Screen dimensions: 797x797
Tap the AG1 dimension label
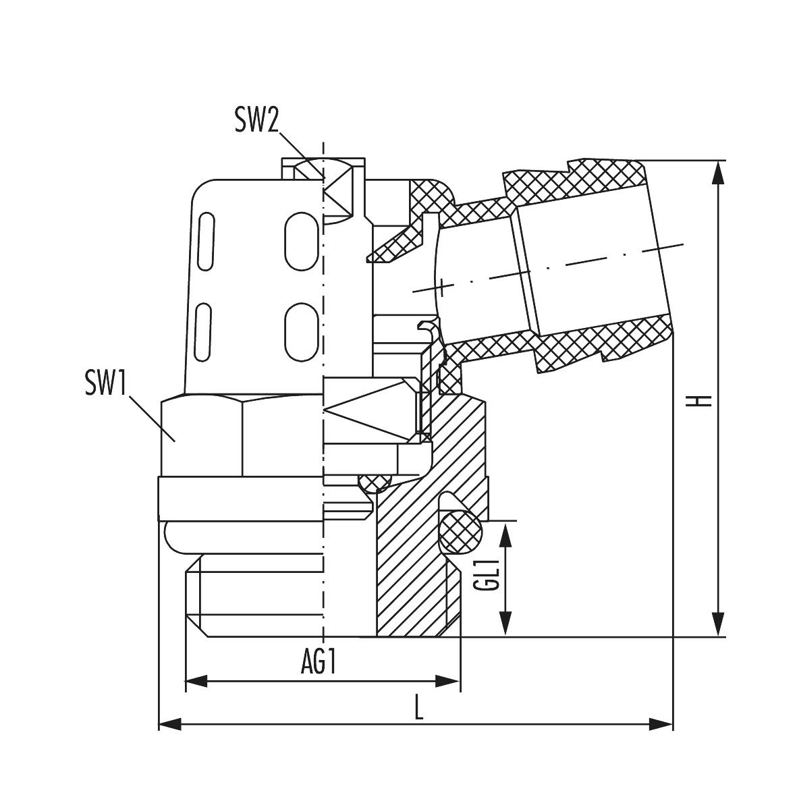[319, 664]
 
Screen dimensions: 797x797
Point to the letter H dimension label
[703, 401]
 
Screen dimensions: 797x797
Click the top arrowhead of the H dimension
[719, 172]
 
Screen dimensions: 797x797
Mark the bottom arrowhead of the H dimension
[719, 625]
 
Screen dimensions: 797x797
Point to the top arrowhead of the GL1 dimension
[505, 533]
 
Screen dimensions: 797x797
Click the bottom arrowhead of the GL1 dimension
[505, 624]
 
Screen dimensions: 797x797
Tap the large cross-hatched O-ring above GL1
[460, 530]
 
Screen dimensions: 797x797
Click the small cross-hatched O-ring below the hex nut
[374, 482]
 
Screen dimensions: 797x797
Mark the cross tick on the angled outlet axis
[442, 286]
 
